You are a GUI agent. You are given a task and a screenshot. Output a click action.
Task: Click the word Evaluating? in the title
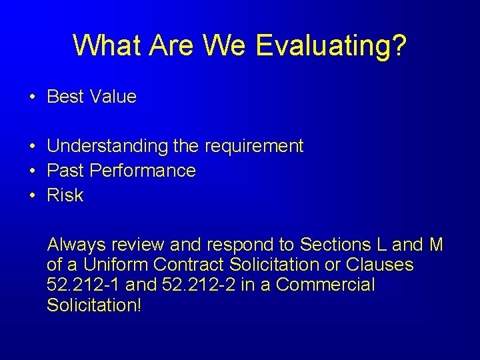coord(330,45)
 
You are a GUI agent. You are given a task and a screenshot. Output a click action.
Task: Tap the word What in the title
coord(108,45)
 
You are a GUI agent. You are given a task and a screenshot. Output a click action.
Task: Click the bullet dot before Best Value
coord(32,97)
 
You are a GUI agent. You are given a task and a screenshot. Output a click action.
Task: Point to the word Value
coord(113,97)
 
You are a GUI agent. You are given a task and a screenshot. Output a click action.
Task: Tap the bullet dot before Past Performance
coord(32,171)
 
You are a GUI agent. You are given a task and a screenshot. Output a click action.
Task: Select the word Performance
coord(143,171)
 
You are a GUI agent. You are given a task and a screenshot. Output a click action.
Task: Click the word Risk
coord(65,195)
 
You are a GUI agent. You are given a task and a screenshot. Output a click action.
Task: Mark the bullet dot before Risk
coord(32,195)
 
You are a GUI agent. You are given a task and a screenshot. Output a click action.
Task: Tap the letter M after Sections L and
coord(436,245)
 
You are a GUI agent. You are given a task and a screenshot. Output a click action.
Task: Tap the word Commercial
coord(325,285)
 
